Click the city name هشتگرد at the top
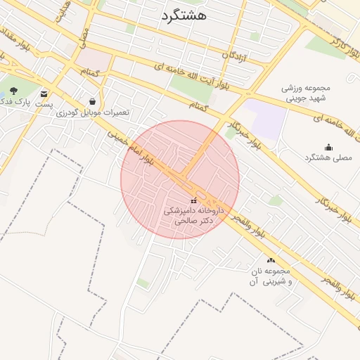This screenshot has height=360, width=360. (x=184, y=15)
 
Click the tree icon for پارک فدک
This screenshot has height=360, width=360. (x=14, y=91)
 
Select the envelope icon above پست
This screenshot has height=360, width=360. (x=45, y=93)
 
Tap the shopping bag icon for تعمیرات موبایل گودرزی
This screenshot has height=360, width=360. (x=92, y=101)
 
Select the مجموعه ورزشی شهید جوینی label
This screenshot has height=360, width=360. (x=306, y=94)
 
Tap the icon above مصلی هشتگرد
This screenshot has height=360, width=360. (x=328, y=147)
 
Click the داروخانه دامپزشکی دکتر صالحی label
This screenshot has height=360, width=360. (x=193, y=215)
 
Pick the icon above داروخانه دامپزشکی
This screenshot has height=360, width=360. (x=194, y=201)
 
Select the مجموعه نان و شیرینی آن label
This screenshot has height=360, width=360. (x=270, y=276)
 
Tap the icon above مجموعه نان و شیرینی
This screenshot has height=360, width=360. (x=271, y=260)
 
